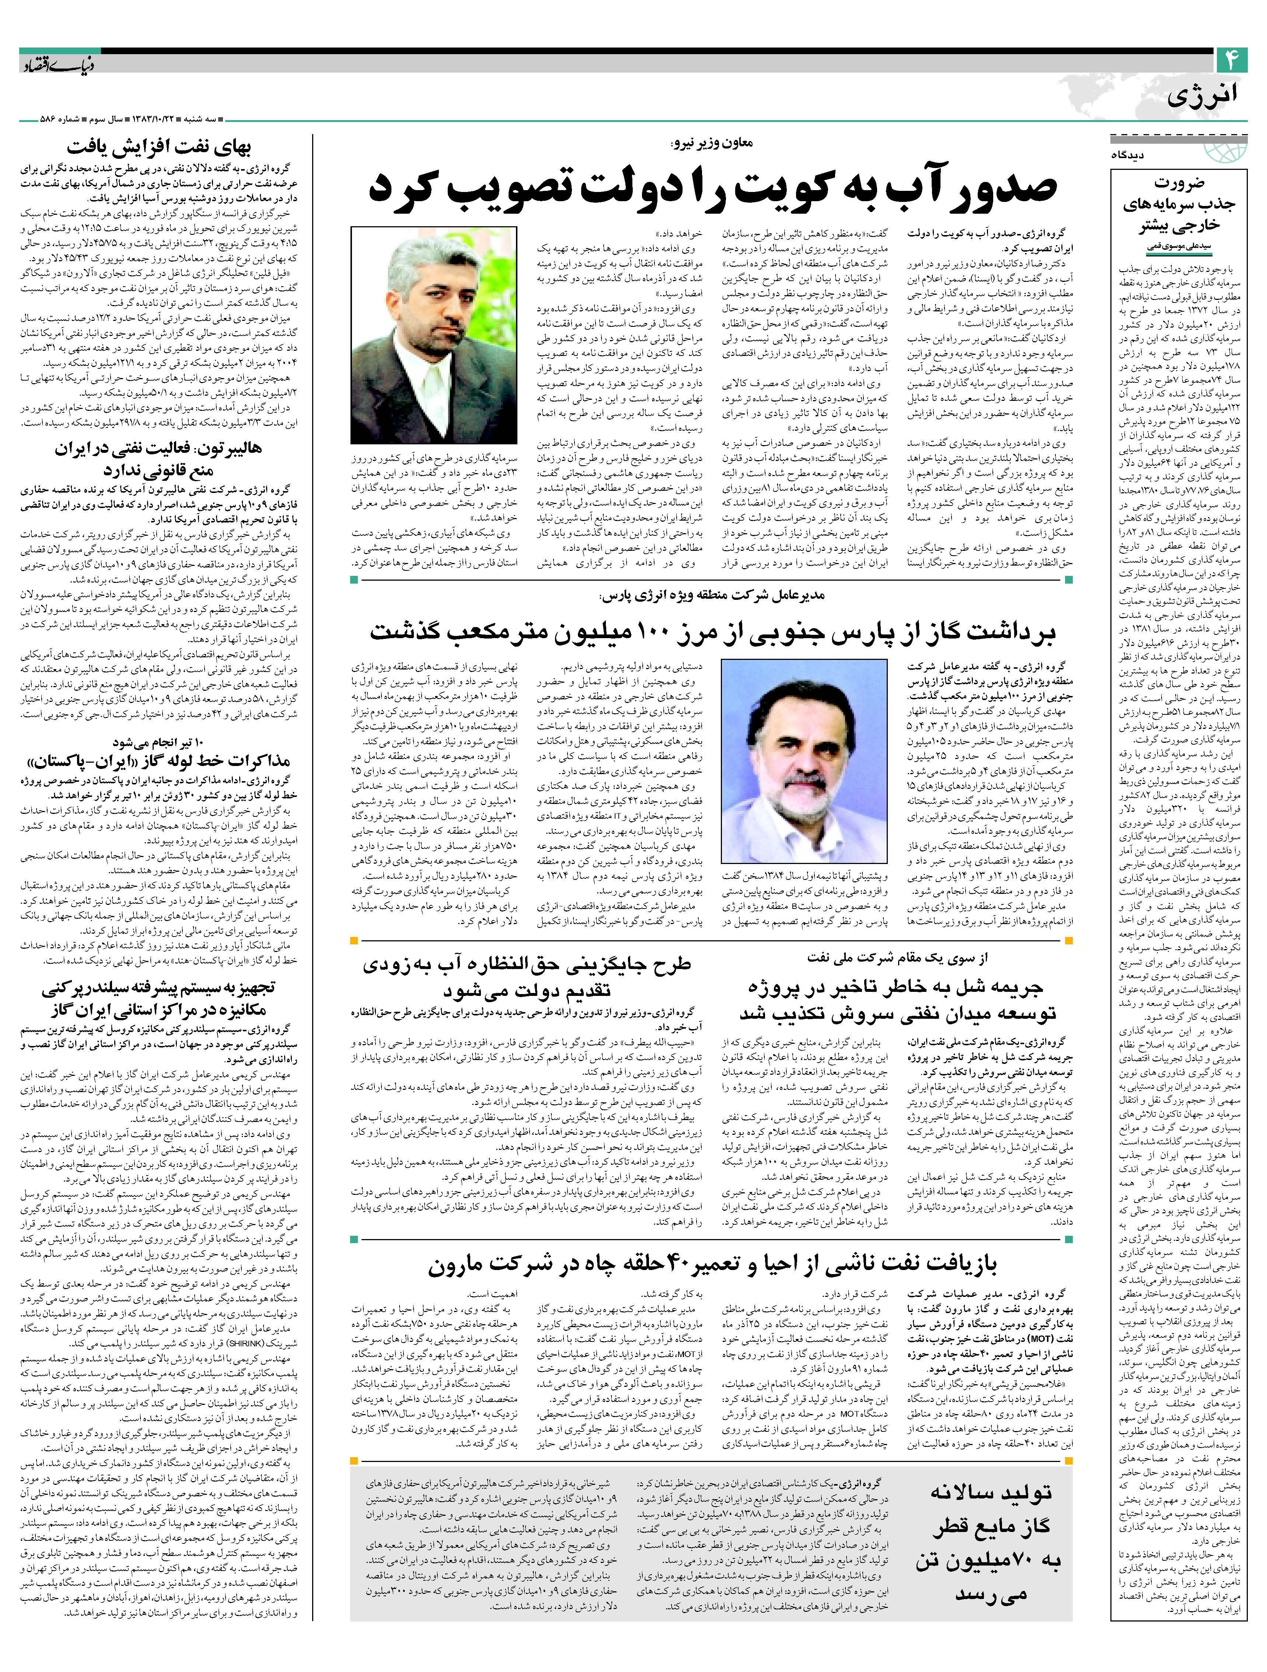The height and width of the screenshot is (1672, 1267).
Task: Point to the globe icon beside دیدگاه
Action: (1226, 153)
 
